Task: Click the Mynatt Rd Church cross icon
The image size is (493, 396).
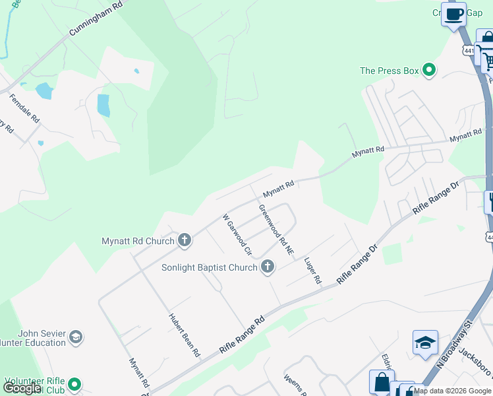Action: pyautogui.click(x=184, y=241)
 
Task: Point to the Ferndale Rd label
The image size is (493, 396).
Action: pyautogui.click(x=24, y=110)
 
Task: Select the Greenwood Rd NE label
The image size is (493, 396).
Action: pyautogui.click(x=276, y=230)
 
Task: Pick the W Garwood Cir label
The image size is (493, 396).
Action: pyautogui.click(x=238, y=234)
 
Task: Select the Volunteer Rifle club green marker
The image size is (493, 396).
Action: pyautogui.click(x=74, y=383)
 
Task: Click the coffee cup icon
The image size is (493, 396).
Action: pyautogui.click(x=453, y=14)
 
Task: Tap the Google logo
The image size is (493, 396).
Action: pyautogui.click(x=22, y=388)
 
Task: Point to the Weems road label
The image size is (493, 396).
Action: pyautogui.click(x=293, y=384)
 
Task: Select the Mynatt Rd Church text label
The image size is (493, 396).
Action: pyautogui.click(x=137, y=241)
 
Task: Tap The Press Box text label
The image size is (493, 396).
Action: pyautogui.click(x=390, y=71)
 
